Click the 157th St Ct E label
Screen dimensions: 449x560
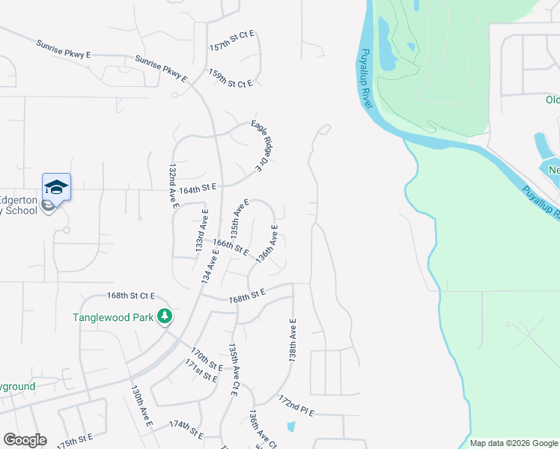click(232, 40)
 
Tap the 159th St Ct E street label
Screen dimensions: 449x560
click(231, 79)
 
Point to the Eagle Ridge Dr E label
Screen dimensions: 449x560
click(259, 146)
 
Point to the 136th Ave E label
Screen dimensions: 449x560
click(267, 243)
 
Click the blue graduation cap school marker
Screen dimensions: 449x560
click(56, 186)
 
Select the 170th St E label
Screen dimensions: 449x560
click(206, 358)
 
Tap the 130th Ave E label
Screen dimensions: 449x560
click(141, 406)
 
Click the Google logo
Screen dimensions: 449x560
click(25, 440)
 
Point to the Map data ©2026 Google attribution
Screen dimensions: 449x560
click(514, 443)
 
